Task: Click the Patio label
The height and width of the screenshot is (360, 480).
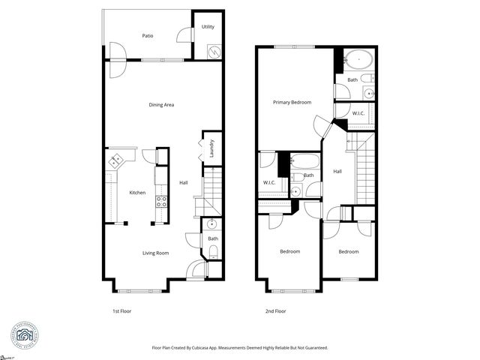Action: pos(148,35)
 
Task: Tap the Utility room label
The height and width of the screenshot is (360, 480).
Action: pos(208,27)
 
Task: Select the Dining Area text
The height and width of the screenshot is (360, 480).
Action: pos(161,105)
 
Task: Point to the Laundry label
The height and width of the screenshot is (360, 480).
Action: pos(212,146)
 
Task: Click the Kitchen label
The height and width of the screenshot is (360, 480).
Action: pos(137,193)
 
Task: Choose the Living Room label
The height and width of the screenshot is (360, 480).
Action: pos(155,253)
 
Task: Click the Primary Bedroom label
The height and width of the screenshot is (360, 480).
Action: pos(292,102)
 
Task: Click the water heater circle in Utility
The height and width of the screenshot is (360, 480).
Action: pos(214,52)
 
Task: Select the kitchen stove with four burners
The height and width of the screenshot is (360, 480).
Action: pos(160,201)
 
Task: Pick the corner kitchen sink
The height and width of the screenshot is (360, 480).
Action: pos(117,160)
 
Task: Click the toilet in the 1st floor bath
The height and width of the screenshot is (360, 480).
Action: pos(213,250)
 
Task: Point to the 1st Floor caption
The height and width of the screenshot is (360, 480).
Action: pos(122,310)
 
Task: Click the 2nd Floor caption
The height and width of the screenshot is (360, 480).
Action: pos(275,310)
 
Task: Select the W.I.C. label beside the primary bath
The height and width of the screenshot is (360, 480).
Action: pos(359,113)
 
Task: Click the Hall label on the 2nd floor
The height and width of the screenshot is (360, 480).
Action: pos(337,171)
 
